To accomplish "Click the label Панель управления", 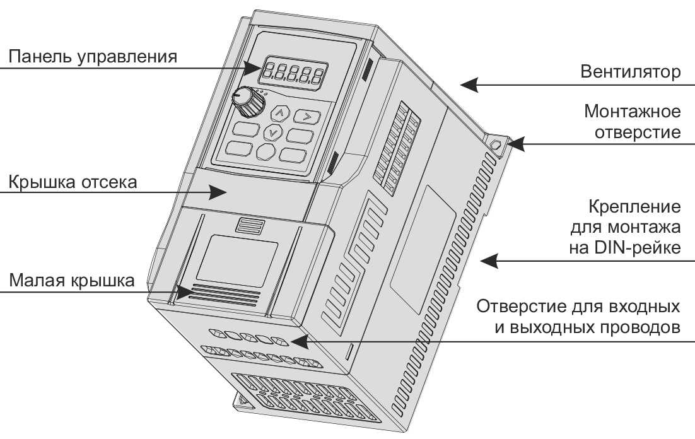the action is (x=93, y=57).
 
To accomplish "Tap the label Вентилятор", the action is (x=630, y=71).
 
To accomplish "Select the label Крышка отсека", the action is (x=73, y=182).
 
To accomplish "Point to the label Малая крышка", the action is (x=71, y=280).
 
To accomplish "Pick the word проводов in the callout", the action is (x=640, y=327).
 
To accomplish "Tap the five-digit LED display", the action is (x=293, y=73).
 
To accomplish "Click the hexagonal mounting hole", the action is (x=496, y=144).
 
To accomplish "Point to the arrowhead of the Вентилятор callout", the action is (x=469, y=85).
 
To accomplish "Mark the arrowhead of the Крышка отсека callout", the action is (x=218, y=192).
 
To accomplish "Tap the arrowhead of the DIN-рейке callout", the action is (x=489, y=260).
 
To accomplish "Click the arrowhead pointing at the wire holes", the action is (x=299, y=341).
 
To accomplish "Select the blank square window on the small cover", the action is (x=237, y=260).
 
